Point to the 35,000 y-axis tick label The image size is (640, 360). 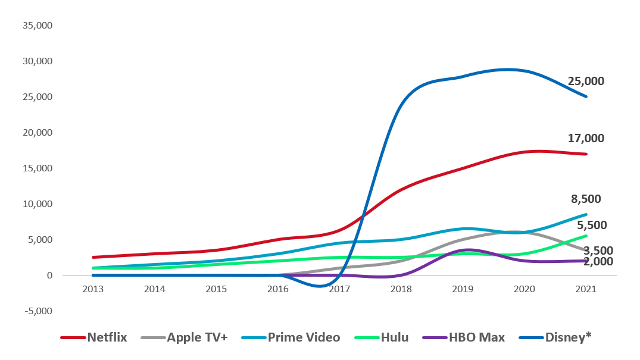coord(38,26)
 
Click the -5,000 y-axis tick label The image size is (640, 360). coord(38,311)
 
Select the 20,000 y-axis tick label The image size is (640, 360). coord(38,133)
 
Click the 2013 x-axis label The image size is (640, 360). coord(93,289)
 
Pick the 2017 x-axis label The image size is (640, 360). coord(339,289)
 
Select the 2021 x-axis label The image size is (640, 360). coord(586,289)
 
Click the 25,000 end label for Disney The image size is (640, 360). coord(586,82)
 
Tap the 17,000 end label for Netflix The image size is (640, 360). coord(586,139)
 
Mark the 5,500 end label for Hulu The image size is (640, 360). coord(591,226)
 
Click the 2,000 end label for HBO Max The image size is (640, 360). coord(597,261)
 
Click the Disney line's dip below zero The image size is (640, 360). coord(321,286)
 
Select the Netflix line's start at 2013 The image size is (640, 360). coord(93,257)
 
